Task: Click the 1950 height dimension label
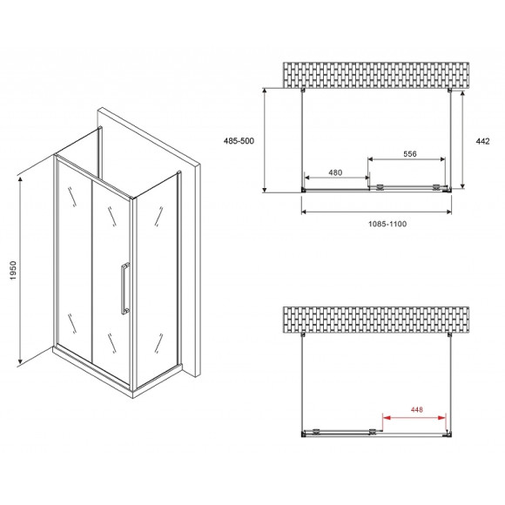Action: click(12, 271)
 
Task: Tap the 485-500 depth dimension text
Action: click(239, 141)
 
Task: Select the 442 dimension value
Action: click(482, 141)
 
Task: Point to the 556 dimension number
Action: click(410, 154)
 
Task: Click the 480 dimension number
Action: click(335, 172)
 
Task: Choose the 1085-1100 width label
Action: click(387, 224)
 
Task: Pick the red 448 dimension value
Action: click(416, 410)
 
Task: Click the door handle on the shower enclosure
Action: click(125, 288)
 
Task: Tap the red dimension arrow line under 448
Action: click(414, 418)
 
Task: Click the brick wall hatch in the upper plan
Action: click(376, 75)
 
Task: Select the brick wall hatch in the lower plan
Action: click(376, 320)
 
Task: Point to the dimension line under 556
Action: click(407, 159)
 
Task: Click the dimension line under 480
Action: click(337, 178)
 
